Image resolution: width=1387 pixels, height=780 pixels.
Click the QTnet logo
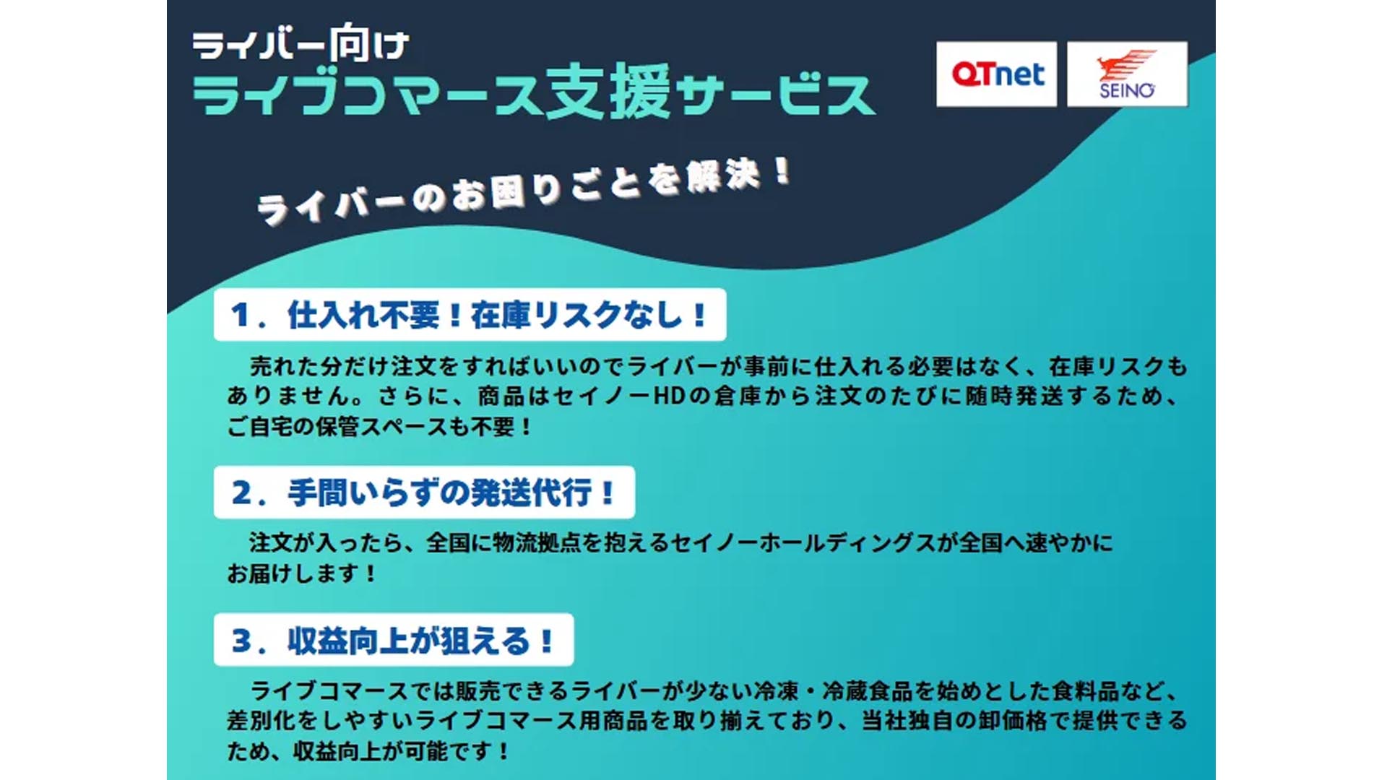996,74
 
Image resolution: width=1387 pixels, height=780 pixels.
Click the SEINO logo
1127,74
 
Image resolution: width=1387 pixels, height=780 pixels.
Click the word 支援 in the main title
608,92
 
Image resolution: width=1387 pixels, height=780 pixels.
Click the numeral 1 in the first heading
240,315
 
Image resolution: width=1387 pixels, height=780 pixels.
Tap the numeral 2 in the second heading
241,493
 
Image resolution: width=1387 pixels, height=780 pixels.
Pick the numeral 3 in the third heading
241,641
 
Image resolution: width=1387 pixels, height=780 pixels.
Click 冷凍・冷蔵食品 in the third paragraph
833,691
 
